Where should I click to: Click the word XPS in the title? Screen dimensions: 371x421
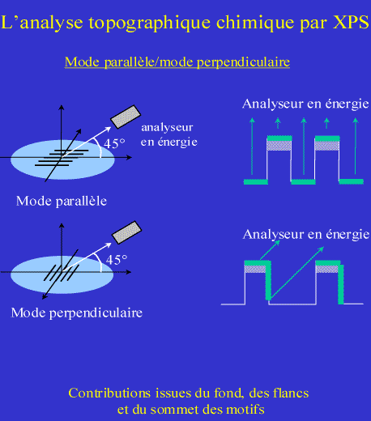(351, 23)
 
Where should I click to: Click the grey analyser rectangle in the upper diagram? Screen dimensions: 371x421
(126, 117)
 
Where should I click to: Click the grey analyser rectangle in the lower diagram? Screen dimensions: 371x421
(126, 232)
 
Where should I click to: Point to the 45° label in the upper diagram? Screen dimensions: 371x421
(114, 143)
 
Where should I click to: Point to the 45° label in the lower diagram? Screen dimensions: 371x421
(117, 260)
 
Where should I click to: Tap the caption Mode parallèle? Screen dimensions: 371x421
(62, 202)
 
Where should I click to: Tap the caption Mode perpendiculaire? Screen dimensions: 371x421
(77, 313)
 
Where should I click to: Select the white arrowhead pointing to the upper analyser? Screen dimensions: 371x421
(108, 129)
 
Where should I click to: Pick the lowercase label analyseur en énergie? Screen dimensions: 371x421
(169, 134)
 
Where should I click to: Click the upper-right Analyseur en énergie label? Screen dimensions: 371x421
(305, 104)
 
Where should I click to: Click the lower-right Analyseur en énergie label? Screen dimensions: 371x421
(306, 234)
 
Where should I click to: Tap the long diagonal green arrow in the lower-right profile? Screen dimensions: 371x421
(296, 273)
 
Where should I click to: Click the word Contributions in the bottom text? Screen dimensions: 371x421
(109, 393)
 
